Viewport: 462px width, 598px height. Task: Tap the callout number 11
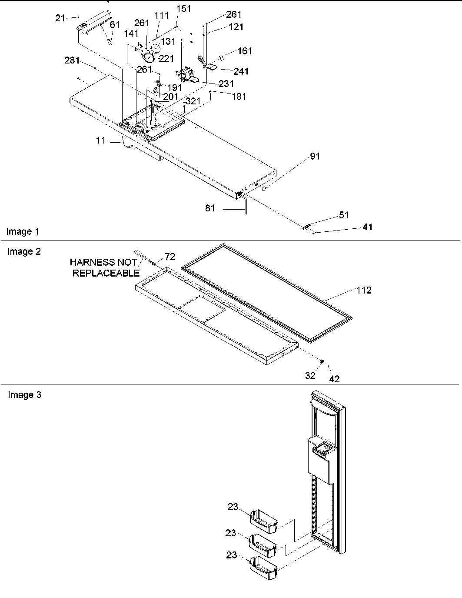(x=100, y=140)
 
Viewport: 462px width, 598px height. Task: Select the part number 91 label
(x=315, y=156)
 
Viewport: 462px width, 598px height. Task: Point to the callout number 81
(x=210, y=208)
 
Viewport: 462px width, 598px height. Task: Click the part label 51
(x=344, y=215)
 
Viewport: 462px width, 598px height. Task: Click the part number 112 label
(x=364, y=290)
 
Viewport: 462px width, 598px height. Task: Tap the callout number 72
(x=170, y=257)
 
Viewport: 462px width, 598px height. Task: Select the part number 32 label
(x=310, y=375)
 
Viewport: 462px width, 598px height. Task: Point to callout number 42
(x=334, y=379)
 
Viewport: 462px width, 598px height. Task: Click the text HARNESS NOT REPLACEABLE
(x=104, y=267)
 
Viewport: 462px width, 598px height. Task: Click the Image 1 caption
(x=23, y=231)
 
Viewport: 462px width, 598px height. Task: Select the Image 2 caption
(x=23, y=251)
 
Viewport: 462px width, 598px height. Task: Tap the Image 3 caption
(x=24, y=395)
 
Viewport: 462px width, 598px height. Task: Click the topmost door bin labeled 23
(x=264, y=522)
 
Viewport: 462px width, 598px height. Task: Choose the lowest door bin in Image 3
(x=263, y=569)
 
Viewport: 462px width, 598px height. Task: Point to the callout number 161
(x=245, y=51)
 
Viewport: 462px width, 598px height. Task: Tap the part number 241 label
(x=241, y=71)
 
